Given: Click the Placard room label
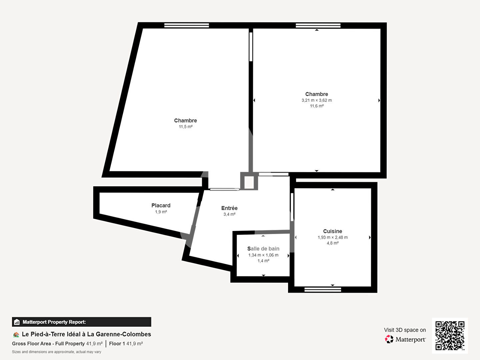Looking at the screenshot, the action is (161, 205).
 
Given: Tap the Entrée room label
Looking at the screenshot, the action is (229, 208).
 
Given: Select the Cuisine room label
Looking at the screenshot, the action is (332, 231).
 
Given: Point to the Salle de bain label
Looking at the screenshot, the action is (263, 249).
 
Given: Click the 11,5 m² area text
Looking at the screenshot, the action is (185, 127).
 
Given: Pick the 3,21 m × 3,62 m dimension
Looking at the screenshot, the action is (317, 100).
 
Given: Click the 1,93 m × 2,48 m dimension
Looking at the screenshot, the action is (333, 237).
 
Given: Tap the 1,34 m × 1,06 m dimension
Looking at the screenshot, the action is (263, 255).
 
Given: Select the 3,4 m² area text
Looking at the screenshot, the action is (229, 214).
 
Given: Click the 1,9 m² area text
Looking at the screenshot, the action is (161, 212).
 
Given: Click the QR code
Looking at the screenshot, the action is (450, 336).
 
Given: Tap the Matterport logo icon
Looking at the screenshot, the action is (389, 339).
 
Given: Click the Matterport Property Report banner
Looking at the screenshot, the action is (82, 322).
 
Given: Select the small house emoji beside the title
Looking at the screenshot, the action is (16, 335).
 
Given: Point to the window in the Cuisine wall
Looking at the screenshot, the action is (323, 290).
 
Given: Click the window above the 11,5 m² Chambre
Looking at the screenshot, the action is (187, 25).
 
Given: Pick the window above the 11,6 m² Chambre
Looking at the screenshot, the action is (318, 26).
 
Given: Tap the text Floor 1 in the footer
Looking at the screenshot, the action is (117, 344).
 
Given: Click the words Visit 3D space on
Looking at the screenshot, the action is (405, 330).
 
